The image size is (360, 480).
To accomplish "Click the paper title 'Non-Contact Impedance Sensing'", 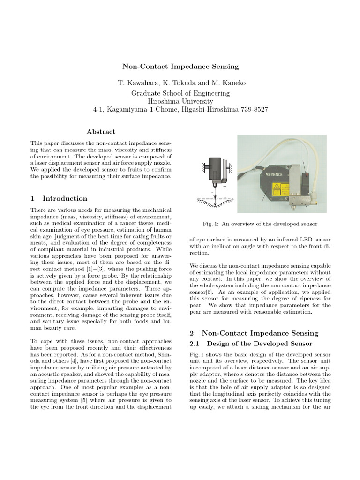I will coord(180,67).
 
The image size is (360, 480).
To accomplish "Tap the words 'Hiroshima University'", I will coord(180,101).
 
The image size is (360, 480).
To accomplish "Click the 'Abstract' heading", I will coord(101,132).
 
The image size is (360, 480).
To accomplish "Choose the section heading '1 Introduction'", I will coord(59,198).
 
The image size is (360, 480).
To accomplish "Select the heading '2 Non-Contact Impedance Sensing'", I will coord(254,333).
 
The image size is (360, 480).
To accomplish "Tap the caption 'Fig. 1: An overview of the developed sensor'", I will coord(260,224).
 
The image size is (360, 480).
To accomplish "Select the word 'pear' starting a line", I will coord(196,312).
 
